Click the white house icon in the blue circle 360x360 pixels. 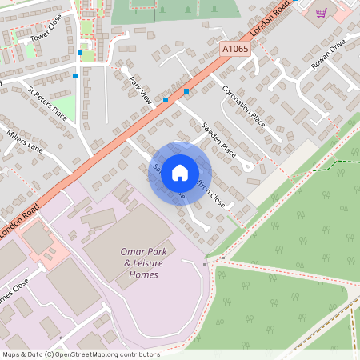[x=180, y=172]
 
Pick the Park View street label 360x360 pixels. [x=141, y=90]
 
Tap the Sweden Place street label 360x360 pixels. [x=218, y=139]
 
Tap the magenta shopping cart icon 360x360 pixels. [x=321, y=13]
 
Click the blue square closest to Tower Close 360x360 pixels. [x=80, y=53]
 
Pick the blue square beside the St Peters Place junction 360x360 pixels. [x=75, y=76]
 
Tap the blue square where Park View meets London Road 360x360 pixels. [x=166, y=100]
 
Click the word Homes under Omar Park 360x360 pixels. [x=143, y=274]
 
